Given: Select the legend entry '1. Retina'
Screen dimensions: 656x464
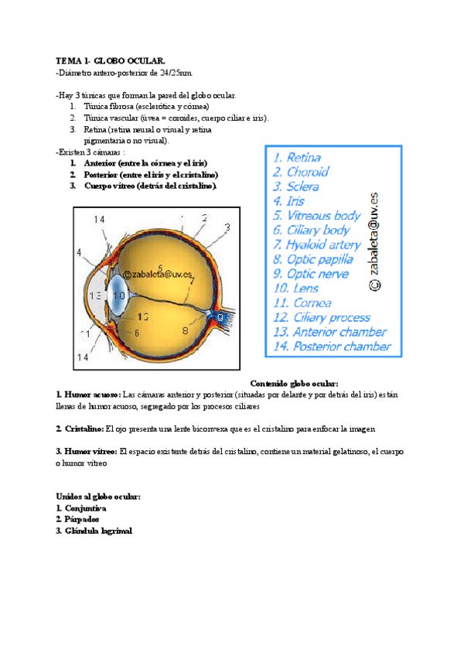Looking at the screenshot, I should click(297, 158).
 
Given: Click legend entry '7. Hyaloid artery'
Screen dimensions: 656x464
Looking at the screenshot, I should click(317, 244).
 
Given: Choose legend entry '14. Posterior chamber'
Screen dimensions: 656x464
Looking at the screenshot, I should click(332, 347).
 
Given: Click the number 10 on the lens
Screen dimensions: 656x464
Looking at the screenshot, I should click(118, 296).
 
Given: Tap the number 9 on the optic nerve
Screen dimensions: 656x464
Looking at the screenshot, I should click(220, 316).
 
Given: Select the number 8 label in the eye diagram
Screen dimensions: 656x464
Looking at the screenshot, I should click(185, 330).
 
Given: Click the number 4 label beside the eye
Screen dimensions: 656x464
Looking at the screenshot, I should click(79, 252).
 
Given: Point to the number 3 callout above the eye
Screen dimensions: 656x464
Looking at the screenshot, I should click(227, 227).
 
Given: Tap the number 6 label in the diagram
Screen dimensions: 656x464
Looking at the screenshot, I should click(136, 333).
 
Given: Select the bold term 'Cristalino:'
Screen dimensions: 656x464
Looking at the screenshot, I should click(83, 429).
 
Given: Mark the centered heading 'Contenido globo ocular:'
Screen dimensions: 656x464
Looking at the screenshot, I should click(295, 383).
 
